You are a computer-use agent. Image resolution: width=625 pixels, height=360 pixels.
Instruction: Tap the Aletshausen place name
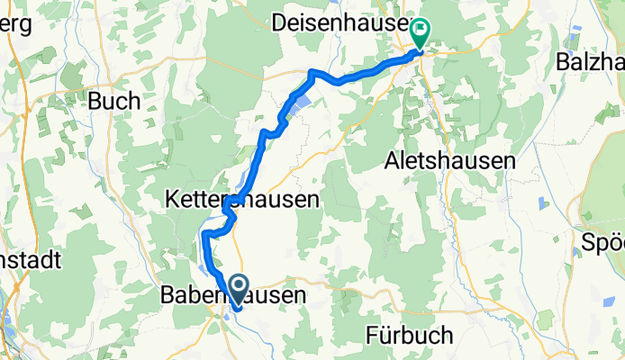[449, 161]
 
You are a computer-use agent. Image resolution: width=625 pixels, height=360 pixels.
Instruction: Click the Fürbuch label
[410, 335]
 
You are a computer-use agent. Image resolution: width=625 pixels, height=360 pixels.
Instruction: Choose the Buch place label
[113, 102]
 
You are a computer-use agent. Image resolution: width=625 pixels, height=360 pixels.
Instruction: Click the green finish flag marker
[420, 32]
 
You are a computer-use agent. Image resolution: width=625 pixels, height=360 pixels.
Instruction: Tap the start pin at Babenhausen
[240, 291]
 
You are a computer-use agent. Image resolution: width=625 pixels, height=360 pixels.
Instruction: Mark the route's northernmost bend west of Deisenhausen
[312, 71]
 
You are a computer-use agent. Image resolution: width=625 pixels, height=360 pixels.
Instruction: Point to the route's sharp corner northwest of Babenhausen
[205, 234]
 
